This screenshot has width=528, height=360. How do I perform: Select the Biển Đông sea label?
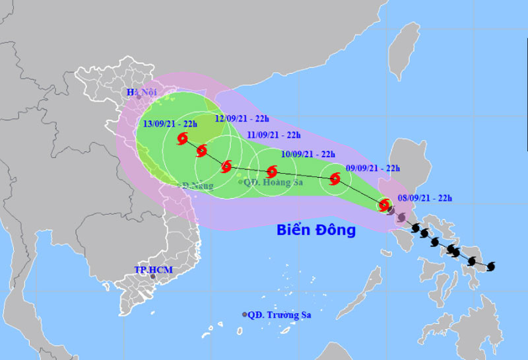(x=315, y=231)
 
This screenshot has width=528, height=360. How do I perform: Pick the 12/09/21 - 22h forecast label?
(x=242, y=119)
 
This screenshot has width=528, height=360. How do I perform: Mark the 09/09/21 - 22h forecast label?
(x=373, y=168)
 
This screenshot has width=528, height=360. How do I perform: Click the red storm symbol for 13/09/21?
(x=183, y=139)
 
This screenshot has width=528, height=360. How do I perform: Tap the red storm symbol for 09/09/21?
(x=335, y=178)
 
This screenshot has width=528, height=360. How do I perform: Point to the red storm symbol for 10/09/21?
(x=271, y=171)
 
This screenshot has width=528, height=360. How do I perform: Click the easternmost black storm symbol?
(x=491, y=267)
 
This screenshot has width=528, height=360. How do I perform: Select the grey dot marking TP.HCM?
(x=153, y=277)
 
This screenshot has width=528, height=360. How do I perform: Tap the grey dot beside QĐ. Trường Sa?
(x=245, y=314)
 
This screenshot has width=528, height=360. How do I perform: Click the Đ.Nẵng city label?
(x=198, y=186)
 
